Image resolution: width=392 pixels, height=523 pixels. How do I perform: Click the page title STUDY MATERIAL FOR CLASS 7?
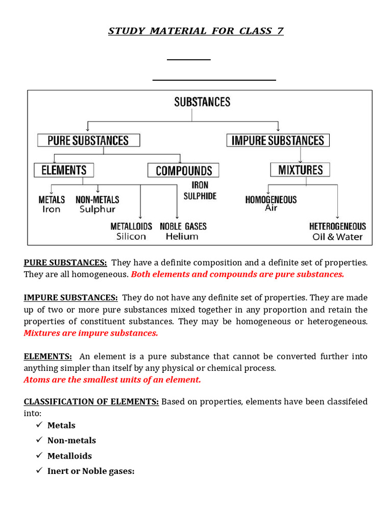[x=195, y=31]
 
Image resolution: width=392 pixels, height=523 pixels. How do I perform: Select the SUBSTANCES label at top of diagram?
[x=202, y=102]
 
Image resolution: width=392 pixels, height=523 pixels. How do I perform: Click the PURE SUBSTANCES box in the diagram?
[x=88, y=140]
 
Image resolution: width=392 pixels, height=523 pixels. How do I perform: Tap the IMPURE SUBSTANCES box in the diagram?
[x=278, y=140]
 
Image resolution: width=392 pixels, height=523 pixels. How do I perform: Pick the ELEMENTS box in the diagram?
[x=64, y=170]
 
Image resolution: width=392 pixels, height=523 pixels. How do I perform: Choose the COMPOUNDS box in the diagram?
[x=183, y=171]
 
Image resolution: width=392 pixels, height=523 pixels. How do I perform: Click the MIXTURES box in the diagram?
[x=300, y=170]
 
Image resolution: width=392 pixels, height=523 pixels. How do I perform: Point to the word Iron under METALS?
[x=51, y=209]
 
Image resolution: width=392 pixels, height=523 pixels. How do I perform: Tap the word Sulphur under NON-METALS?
[x=97, y=209]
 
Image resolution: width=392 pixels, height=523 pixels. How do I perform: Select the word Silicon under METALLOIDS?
[x=131, y=236]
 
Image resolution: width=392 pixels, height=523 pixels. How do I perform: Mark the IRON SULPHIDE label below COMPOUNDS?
[x=200, y=191]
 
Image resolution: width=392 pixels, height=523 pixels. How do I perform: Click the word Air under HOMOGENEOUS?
[x=271, y=208]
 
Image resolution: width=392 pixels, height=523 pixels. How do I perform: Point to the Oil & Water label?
[x=337, y=237]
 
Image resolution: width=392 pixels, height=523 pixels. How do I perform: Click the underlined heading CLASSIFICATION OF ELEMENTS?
[x=91, y=402]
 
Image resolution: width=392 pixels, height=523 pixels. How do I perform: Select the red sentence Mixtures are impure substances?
[x=91, y=333]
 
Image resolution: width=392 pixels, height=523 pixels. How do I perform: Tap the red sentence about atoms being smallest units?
[x=112, y=379]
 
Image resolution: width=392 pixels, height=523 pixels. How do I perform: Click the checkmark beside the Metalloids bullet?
[x=39, y=456]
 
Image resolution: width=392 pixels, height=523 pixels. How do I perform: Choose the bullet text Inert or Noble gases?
[x=91, y=471]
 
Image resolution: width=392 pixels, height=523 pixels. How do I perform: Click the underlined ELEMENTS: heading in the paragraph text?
[x=47, y=356]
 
